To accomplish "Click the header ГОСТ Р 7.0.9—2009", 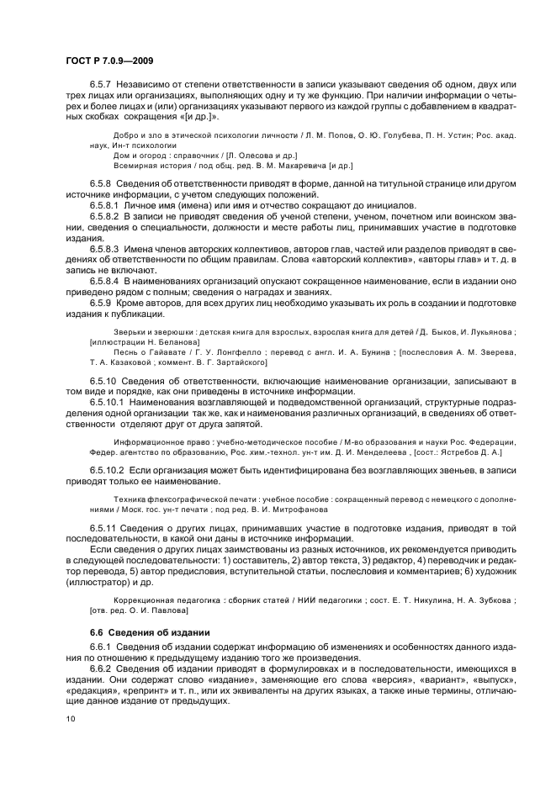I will [x=109, y=60].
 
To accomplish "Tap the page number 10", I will [x=68, y=719].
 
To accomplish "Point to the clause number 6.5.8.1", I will [x=107, y=205].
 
